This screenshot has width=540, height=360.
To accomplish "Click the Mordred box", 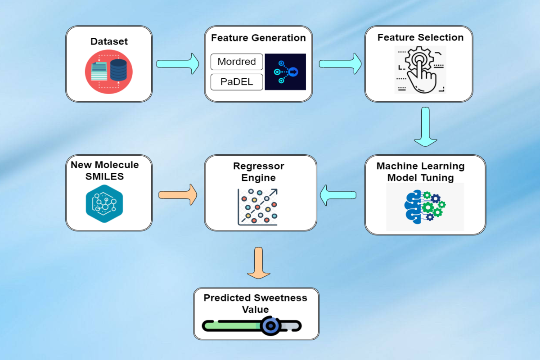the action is (237, 62).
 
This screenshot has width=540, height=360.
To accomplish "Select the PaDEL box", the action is (237, 82).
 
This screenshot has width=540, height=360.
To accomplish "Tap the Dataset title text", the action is (109, 41).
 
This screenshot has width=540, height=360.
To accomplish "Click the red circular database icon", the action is (109, 72).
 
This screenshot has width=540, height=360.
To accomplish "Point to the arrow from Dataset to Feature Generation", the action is (178, 63).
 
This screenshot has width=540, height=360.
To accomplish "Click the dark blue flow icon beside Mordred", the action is (285, 72).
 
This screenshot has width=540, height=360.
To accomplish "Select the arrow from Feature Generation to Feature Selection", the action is (340, 63).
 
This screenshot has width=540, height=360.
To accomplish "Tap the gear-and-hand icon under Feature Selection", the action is (420, 70).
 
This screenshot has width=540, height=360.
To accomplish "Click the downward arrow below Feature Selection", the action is (426, 127).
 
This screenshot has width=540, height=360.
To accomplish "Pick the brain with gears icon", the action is (425, 207).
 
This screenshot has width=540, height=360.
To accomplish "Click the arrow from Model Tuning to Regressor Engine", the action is (338, 195).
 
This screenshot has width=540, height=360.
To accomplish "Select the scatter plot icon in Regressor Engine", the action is (258, 207).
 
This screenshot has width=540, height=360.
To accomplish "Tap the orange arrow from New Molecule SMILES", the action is (178, 195).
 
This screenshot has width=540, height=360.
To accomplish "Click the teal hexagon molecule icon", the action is (104, 204).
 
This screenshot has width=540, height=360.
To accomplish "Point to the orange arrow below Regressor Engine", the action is (259, 263).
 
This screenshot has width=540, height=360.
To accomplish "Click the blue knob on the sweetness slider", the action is (271, 326).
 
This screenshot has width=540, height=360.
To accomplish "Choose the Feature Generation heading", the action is (258, 38).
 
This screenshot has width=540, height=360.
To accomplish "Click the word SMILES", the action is (104, 176).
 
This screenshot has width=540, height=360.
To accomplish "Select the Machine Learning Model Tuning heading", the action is (421, 172).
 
